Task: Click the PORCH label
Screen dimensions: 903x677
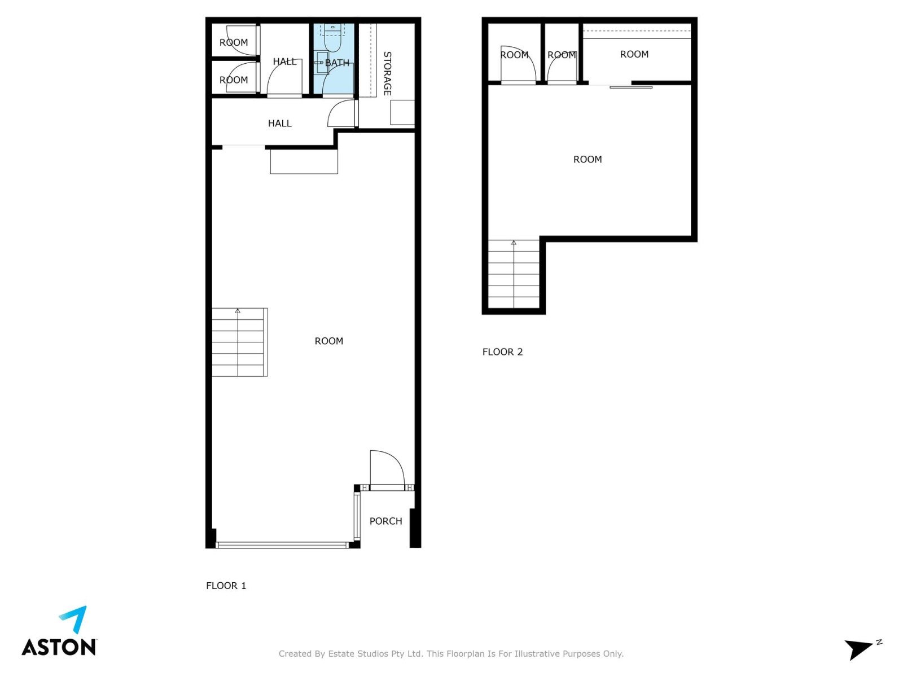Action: [x=385, y=521]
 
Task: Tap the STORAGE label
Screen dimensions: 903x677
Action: [x=387, y=73]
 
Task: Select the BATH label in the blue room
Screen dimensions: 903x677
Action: [x=337, y=63]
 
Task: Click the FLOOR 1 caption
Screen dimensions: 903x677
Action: [x=226, y=586]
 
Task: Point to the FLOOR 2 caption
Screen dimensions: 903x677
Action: [x=502, y=352]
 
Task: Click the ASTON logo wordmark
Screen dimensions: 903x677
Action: [x=59, y=647]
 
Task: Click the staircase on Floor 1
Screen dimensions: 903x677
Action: [x=240, y=342]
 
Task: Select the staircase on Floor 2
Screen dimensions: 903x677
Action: [x=514, y=274]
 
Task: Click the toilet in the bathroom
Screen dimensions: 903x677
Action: [x=332, y=38]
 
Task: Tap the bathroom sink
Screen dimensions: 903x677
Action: [x=322, y=63]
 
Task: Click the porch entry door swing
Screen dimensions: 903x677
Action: [x=387, y=468]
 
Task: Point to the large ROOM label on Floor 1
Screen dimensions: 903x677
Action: [x=328, y=341]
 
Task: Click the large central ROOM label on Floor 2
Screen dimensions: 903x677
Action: [x=588, y=159]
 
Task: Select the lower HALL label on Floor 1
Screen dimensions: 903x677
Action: [x=280, y=124]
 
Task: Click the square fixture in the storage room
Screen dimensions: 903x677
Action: [x=402, y=112]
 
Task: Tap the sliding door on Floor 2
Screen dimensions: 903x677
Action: [x=630, y=87]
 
